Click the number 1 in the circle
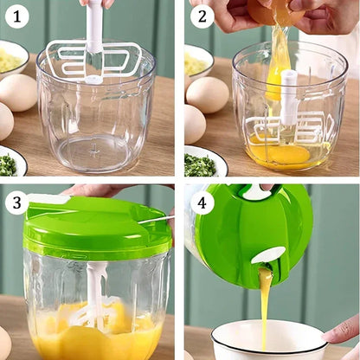[16, 16]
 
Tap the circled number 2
[201, 16]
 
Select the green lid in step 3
[95, 226]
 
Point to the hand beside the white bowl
[344, 329]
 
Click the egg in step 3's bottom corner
[3, 342]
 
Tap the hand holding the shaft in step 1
[95, 3]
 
